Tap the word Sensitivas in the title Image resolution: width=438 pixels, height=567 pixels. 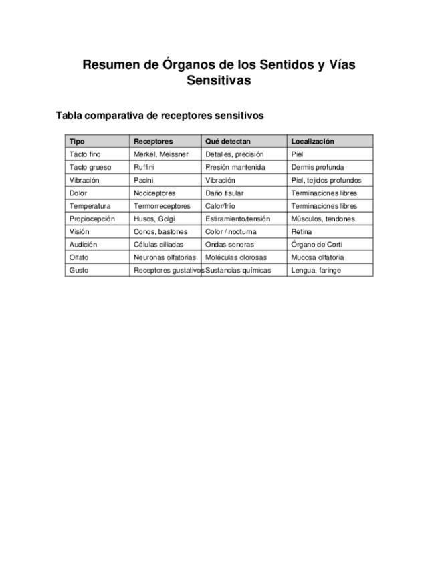pos(219,81)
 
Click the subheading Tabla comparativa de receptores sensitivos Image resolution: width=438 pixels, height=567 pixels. pos(160,116)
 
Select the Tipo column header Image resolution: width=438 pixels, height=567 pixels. pos(77,141)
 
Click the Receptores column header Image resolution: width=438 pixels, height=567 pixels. pos(153,141)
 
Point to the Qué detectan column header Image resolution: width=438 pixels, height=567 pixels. pos(228,141)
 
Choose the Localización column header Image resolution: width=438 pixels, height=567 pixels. pos(312,141)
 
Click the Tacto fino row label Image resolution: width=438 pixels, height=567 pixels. pos(85,154)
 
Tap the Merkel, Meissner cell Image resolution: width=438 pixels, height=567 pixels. pos(161,154)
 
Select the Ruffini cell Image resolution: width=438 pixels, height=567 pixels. pos(144,167)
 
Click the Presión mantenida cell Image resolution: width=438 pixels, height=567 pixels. pos(235,167)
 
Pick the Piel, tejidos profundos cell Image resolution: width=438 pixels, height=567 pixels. pos(326,180)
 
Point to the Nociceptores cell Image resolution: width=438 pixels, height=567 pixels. pos(154,193)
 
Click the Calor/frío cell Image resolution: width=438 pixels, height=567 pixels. pos(220,206)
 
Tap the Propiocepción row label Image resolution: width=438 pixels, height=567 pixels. pos(92,219)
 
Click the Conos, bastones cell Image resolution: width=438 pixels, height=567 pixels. pos(160,231)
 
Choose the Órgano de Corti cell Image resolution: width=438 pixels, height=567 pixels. pos(317,245)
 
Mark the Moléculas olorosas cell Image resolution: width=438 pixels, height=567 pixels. pos(236,257)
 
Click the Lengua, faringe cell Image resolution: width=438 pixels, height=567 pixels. pos(316,270)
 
